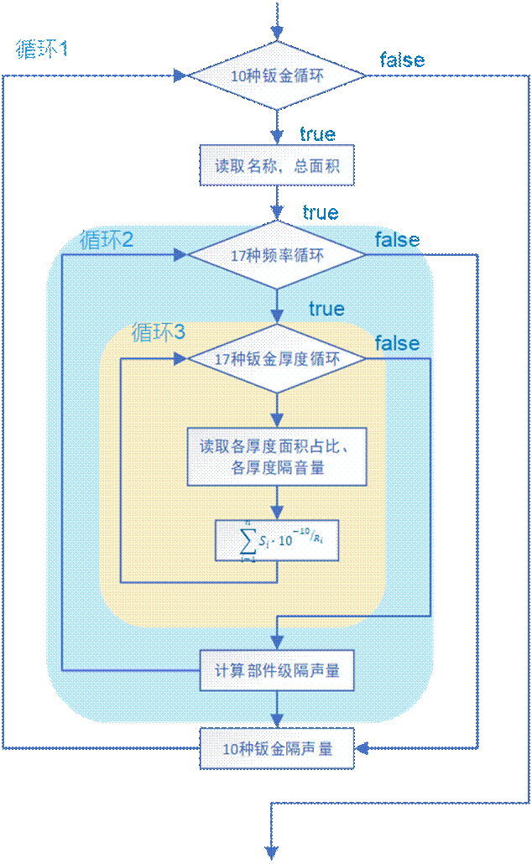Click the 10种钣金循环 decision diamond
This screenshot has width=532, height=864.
coord(277,75)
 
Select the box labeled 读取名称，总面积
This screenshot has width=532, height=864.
coord(277,165)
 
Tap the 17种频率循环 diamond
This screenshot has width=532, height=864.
coord(277,255)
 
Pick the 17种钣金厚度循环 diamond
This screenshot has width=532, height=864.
coord(277,359)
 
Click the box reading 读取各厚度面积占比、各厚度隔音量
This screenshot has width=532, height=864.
coord(277,457)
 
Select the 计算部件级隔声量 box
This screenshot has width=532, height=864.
coord(277,671)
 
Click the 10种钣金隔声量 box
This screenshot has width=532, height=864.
coord(277,748)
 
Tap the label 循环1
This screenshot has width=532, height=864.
coord(42,49)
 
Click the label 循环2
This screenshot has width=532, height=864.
coord(107,240)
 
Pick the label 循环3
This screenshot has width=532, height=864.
coord(159,332)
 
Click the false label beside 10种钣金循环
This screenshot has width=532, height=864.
coord(402,60)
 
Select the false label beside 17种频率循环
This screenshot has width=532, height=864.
coord(397,240)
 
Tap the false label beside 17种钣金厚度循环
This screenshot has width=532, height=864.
coord(397,343)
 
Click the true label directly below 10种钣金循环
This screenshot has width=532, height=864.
coord(317,134)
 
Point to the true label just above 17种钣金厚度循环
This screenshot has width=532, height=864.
coord(326,309)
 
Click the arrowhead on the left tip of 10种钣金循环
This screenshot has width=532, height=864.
coord(180,75)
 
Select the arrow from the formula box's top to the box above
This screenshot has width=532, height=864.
coord(277,502)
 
